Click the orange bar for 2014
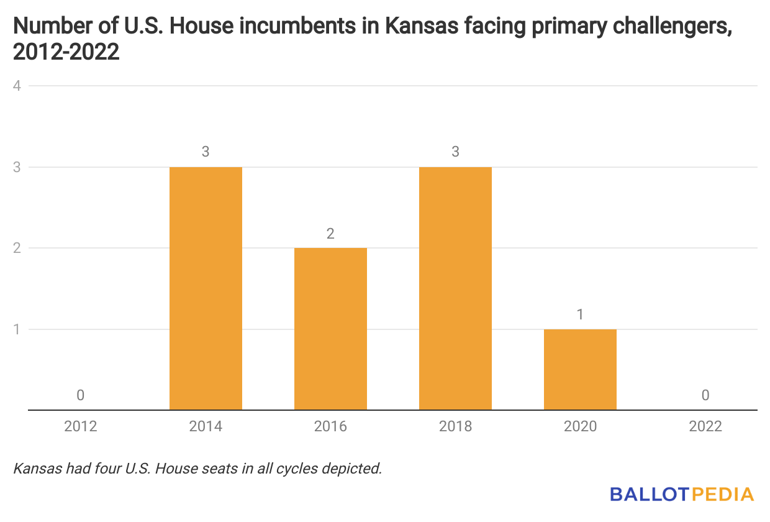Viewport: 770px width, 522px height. pos(206,288)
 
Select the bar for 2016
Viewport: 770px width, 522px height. pos(330,329)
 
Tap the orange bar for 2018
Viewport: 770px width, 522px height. pos(455,288)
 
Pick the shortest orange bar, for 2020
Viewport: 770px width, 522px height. pos(580,369)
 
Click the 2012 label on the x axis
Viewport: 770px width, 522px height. pos(81,426)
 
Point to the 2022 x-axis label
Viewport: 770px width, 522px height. pos(705,426)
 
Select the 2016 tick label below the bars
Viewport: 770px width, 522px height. pos(330,426)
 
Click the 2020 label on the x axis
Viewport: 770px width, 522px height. pos(580,426)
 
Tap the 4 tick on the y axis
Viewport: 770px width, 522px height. pos(17,86)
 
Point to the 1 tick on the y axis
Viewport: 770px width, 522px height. pos(17,329)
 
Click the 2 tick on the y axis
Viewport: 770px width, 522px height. pos(17,248)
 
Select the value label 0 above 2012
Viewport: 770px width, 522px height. pos(81,395)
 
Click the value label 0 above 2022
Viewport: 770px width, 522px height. pos(705,395)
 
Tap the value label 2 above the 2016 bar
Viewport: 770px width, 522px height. pos(330,234)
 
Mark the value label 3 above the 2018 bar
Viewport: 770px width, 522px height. pos(455,152)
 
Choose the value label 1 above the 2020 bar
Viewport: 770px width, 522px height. pos(580,314)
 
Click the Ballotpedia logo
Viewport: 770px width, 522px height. pos(681,495)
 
